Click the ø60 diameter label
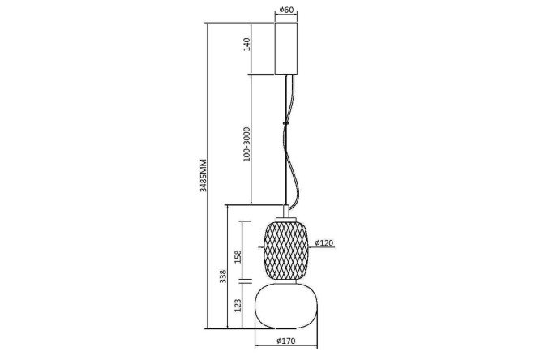[286, 10]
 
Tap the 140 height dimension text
[246, 45]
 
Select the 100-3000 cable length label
[246, 144]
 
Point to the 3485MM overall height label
[203, 175]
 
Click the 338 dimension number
[223, 276]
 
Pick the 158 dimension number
[238, 257]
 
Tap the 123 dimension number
[238, 306]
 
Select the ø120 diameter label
[324, 243]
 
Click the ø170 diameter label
[286, 341]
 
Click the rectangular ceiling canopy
[286, 49]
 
